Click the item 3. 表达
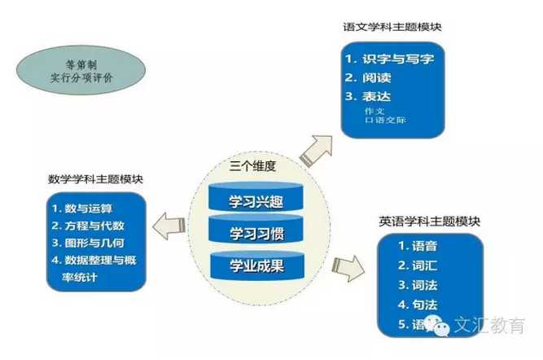click(367, 96)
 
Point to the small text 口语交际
click(385, 120)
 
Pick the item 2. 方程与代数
click(88, 226)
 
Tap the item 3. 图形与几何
click(88, 243)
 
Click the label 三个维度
click(253, 166)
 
